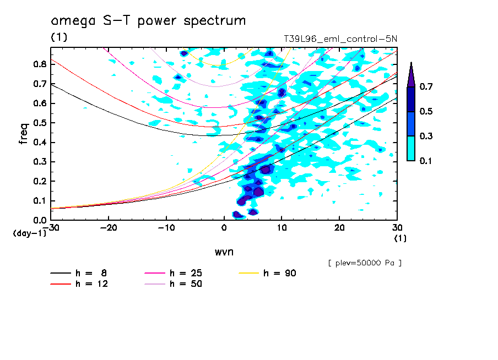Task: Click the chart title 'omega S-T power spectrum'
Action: click(x=148, y=21)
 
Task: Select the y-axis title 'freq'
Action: click(x=23, y=133)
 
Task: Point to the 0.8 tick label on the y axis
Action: click(x=39, y=64)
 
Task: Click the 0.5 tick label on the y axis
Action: click(x=39, y=123)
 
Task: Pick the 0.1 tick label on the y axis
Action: click(x=39, y=201)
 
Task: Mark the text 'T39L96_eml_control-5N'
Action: click(x=339, y=39)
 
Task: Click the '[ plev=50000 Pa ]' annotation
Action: click(x=365, y=263)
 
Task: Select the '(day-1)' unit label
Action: click(x=30, y=233)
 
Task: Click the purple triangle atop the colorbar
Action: click(x=411, y=74)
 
